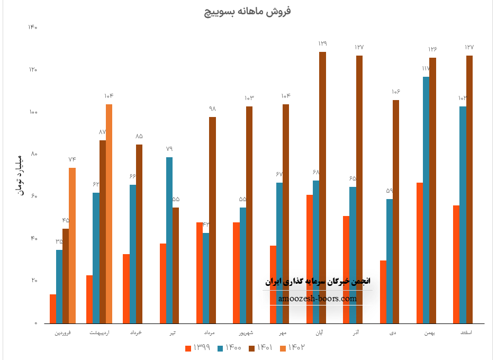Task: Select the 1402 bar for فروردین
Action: click(73, 245)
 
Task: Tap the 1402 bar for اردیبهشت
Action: click(109, 213)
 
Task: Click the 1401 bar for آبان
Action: click(322, 187)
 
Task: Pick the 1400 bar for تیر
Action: click(169, 240)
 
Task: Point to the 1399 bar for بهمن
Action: click(420, 253)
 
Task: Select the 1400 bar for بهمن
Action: click(426, 200)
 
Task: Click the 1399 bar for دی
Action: click(383, 292)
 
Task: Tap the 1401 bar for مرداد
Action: click(212, 220)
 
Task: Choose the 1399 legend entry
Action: click(198, 348)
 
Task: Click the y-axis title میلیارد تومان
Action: click(20, 175)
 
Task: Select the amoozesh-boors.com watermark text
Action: click(318, 299)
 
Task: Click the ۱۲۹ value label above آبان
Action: click(323, 43)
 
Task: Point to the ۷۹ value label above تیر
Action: click(169, 149)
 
